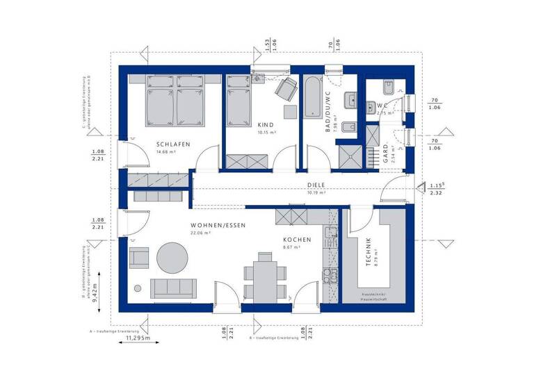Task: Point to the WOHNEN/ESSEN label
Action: pos(218,226)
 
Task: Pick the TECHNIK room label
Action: pos(369,251)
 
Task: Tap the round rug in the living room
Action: pos(172,258)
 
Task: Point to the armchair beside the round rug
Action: pos(139,258)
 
